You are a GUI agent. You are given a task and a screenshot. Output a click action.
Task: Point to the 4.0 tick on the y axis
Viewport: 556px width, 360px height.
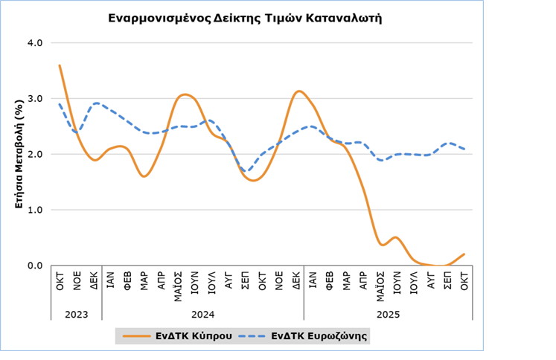(34, 42)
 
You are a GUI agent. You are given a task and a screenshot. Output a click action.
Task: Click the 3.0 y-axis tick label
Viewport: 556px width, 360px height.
(34, 98)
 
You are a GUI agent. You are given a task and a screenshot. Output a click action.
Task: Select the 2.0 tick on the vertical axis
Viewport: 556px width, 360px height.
(34, 154)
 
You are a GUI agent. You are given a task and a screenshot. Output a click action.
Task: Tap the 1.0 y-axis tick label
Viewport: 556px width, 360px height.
(34, 210)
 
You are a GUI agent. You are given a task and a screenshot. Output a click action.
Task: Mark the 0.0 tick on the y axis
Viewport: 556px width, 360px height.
(34, 266)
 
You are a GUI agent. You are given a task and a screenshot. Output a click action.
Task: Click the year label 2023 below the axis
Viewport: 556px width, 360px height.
(76, 315)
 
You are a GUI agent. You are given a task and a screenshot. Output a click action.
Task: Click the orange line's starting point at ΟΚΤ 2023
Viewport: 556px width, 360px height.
(60, 65)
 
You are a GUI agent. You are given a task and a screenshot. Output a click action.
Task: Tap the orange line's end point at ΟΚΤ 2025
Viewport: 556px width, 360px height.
(464, 254)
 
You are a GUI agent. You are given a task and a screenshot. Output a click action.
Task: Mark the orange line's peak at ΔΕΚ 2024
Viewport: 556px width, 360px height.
(298, 91)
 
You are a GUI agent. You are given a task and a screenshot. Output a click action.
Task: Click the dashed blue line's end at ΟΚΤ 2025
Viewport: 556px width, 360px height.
(464, 149)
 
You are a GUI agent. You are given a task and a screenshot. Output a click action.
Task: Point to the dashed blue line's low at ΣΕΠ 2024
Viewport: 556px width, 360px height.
(247, 170)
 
